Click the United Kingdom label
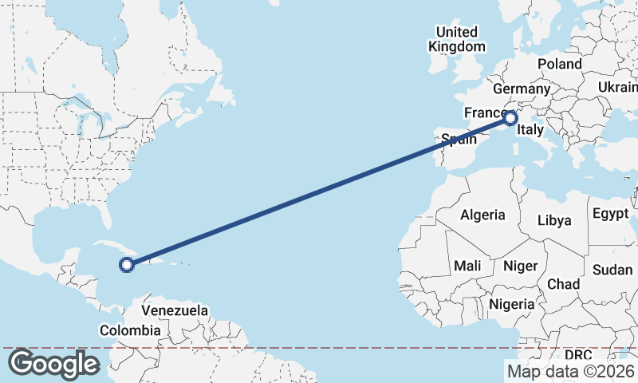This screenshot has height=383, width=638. [x=456, y=39]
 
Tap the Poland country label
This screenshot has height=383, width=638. [x=559, y=64]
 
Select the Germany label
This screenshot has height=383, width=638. [x=522, y=89]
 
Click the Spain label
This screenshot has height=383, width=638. [x=459, y=140]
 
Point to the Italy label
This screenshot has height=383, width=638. [x=530, y=129]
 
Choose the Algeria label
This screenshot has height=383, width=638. [x=482, y=215]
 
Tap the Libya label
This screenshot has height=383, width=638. [x=555, y=220]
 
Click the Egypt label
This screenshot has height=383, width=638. [x=610, y=214]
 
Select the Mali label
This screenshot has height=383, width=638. [x=467, y=265]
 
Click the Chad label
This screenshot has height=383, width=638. [x=563, y=284]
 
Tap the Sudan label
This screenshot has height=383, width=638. [x=612, y=270]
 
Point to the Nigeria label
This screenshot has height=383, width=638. [x=510, y=304]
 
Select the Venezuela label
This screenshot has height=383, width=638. [x=175, y=310]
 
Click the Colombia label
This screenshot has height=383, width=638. [x=130, y=330]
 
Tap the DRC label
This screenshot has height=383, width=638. [x=578, y=354]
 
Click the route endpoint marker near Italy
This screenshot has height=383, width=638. [x=511, y=118]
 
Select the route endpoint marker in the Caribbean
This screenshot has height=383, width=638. [x=126, y=265]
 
